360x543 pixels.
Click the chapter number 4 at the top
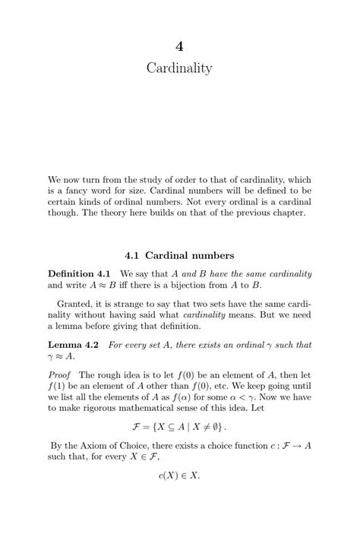(179, 46)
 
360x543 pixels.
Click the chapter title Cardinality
(179, 69)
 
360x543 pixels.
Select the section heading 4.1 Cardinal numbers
(179, 254)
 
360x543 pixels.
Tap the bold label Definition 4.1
(79, 273)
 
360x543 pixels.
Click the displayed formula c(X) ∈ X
(179, 476)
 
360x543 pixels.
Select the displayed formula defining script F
(179, 427)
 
